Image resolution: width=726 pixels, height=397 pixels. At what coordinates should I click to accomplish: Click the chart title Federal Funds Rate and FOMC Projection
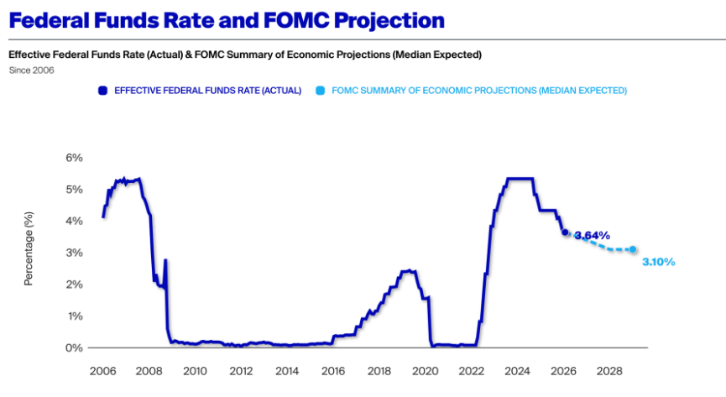click(227, 19)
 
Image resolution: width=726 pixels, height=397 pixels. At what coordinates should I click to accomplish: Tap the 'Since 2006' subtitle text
click(31, 70)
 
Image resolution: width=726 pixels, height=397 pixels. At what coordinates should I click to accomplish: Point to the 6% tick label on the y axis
click(75, 158)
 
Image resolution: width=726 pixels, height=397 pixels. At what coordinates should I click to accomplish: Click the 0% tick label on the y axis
click(75, 347)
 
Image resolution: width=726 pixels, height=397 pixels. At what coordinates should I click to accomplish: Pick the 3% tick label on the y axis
click(75, 253)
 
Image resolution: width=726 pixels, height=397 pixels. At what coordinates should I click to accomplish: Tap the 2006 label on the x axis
click(102, 370)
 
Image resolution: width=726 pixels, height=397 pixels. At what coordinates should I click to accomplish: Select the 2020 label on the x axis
click(426, 370)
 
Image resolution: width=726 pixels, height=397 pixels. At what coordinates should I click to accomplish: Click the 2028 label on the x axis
click(610, 370)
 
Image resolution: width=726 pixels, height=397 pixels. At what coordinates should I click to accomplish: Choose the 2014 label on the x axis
click(287, 370)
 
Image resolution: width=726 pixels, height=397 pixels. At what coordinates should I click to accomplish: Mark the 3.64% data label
click(592, 236)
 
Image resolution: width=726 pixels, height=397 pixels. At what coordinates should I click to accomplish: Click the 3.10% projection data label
click(659, 262)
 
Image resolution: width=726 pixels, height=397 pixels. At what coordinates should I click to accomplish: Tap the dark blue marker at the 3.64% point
click(565, 232)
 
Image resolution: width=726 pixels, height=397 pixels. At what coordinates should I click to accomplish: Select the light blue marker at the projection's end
click(633, 249)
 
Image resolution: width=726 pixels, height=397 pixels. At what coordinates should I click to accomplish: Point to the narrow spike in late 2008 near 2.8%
click(165, 261)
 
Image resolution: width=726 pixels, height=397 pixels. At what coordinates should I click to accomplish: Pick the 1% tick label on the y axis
click(75, 316)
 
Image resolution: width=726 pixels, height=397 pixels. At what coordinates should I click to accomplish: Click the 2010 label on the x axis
click(195, 370)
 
